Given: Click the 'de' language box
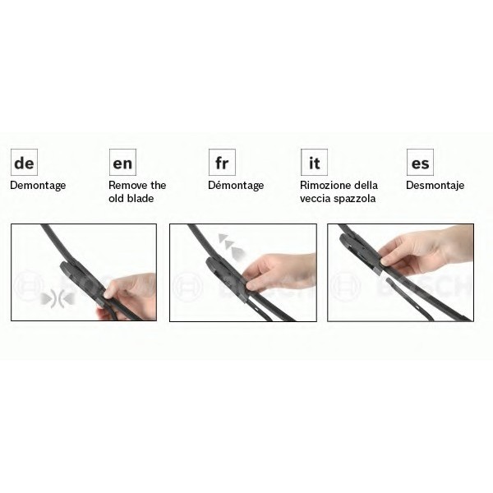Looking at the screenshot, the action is point(24,162).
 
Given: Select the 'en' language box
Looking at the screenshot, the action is point(122,162).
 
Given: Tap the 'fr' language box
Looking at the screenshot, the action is point(222,162).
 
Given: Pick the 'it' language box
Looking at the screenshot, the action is point(314,162).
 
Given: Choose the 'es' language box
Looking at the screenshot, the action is point(420,162).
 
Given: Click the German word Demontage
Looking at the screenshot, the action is point(38,186).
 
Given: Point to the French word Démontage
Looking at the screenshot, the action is point(236,185).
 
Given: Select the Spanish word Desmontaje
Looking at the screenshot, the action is point(435,185).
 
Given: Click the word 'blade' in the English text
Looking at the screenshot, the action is point(141,198).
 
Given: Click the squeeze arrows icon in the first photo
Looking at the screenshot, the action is point(58,299).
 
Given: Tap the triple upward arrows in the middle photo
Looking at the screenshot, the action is point(232,246).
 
